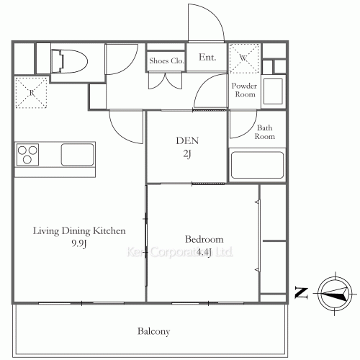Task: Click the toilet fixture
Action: (69, 61)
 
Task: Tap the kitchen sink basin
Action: (77, 155)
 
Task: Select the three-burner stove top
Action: (27, 155)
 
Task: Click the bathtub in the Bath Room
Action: (257, 165)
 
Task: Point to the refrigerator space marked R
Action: (31, 93)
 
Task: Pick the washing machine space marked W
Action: (244, 58)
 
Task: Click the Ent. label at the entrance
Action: (207, 57)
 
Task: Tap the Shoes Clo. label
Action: (166, 60)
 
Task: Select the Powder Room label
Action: (244, 90)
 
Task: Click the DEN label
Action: (187, 140)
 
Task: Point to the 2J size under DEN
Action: (187, 154)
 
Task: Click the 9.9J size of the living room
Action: (79, 243)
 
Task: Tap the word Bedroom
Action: (204, 239)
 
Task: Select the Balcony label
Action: (154, 331)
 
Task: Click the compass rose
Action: (335, 293)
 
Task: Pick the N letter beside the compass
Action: (301, 293)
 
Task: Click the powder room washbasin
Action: (273, 91)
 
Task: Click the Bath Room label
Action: (265, 132)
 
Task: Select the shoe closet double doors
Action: (165, 81)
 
